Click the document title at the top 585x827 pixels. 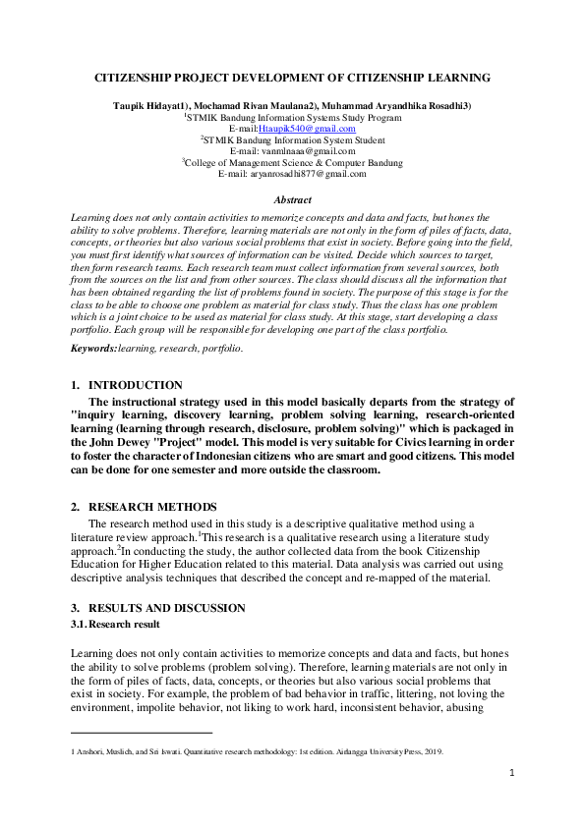292,77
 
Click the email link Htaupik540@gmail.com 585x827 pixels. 307,129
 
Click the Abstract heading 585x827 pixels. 292,200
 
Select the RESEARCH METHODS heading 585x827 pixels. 152,507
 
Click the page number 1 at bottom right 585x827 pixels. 512,773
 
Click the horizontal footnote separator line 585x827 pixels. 143,733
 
